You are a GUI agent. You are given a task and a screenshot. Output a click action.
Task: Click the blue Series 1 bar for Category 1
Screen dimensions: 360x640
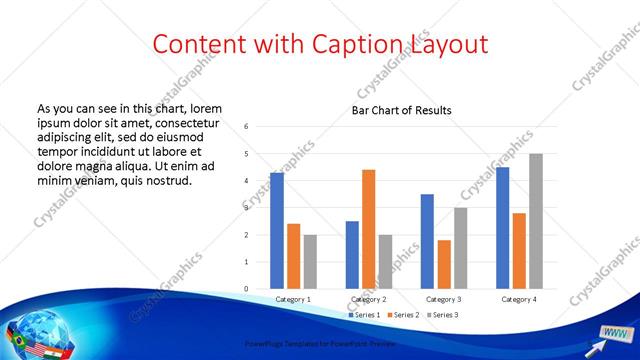(x=277, y=231)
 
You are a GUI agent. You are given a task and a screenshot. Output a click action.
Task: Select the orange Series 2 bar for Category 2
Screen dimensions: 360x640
(x=368, y=229)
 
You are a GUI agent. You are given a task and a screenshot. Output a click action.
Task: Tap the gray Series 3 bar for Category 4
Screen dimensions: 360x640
(x=536, y=221)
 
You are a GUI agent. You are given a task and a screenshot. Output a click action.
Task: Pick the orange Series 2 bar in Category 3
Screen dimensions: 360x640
(x=444, y=264)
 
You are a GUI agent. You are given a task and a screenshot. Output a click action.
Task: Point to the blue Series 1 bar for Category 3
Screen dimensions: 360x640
(x=427, y=241)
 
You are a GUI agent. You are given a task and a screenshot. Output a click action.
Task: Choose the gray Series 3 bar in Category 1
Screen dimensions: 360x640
(x=310, y=262)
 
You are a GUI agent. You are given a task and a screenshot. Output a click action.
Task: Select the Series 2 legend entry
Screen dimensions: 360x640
(x=402, y=316)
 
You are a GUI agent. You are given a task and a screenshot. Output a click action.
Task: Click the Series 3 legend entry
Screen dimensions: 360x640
(x=444, y=316)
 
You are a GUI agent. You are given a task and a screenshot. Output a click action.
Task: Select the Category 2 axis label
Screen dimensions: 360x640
(x=368, y=299)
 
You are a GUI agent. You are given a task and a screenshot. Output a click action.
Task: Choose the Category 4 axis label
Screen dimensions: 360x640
(x=519, y=299)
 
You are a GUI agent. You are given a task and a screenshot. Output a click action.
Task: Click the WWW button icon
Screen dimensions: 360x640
(x=614, y=332)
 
